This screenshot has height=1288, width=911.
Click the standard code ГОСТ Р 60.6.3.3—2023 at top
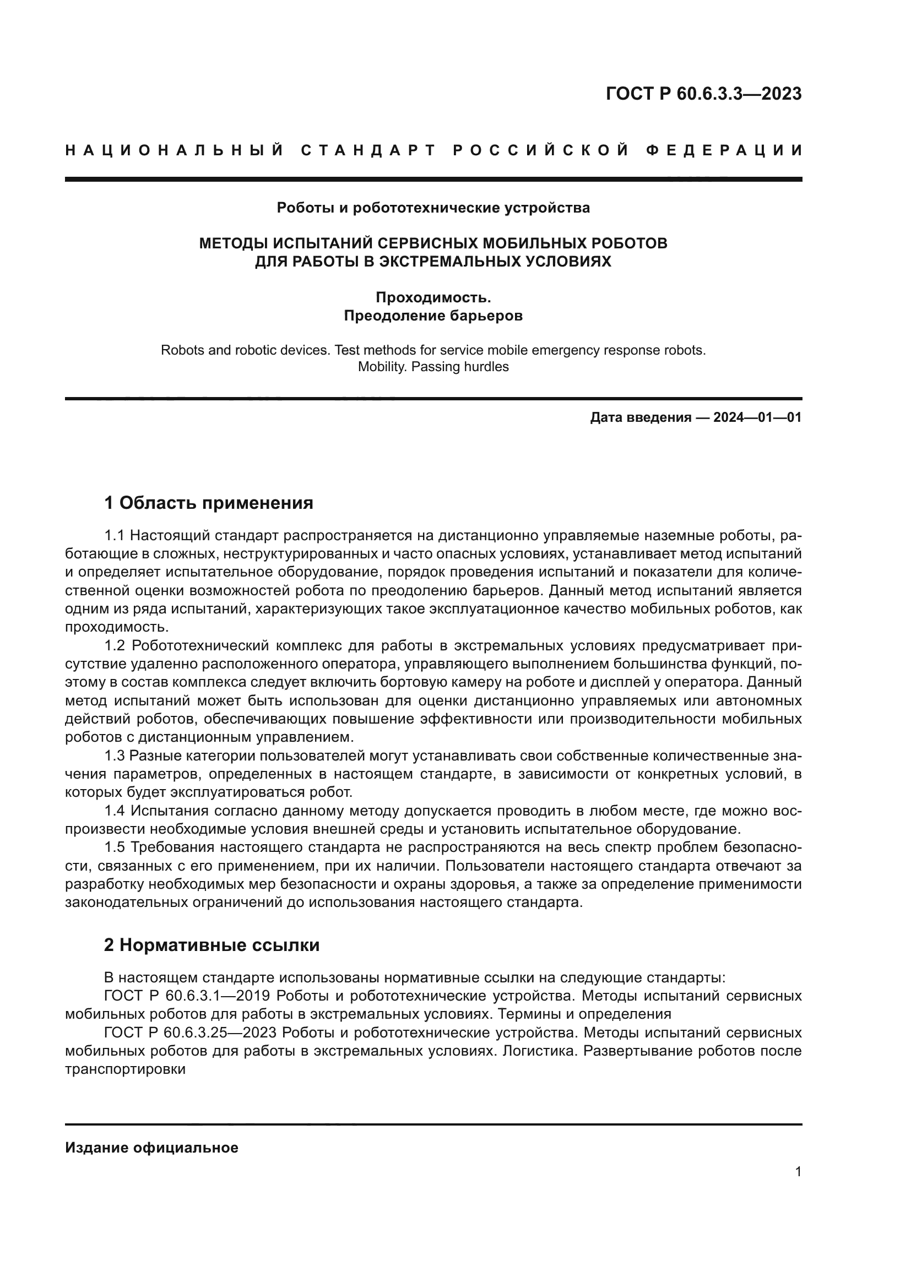(703, 94)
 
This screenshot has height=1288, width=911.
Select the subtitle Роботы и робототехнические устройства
(433, 208)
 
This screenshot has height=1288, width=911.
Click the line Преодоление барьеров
(433, 316)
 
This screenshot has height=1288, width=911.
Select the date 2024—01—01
(757, 418)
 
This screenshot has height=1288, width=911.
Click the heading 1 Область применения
(209, 503)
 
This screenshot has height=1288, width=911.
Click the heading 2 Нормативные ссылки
(212, 945)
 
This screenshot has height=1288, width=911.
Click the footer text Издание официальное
(151, 1148)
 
